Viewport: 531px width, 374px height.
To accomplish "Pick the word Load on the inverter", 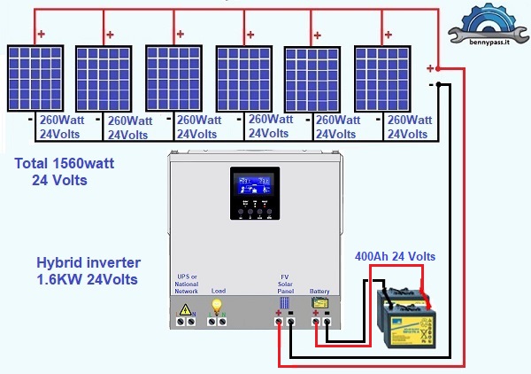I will click(x=218, y=291).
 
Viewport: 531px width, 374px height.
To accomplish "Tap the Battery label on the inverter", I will click(x=319, y=291).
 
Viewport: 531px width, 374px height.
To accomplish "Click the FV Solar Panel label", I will click(x=285, y=284).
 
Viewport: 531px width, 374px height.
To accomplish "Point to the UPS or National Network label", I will click(x=187, y=284).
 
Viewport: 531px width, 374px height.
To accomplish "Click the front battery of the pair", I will click(x=408, y=329).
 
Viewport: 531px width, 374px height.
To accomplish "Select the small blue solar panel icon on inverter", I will click(x=285, y=303).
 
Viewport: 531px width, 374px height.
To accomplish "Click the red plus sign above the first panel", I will click(x=41, y=35).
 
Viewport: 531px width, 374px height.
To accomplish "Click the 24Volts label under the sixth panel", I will click(x=410, y=134).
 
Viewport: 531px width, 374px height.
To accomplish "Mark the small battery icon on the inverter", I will click(x=319, y=303).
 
